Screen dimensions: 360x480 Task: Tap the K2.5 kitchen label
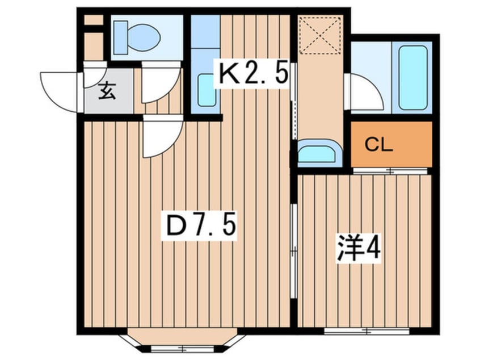pos(254,74)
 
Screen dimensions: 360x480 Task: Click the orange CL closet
pos(391,145)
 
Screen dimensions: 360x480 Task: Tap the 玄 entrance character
pos(107,91)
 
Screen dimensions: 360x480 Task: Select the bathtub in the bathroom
pos(412,77)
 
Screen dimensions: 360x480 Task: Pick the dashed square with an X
pos(319,36)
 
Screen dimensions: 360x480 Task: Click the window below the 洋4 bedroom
pos(367,330)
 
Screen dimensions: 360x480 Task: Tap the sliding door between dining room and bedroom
pos(294,250)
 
